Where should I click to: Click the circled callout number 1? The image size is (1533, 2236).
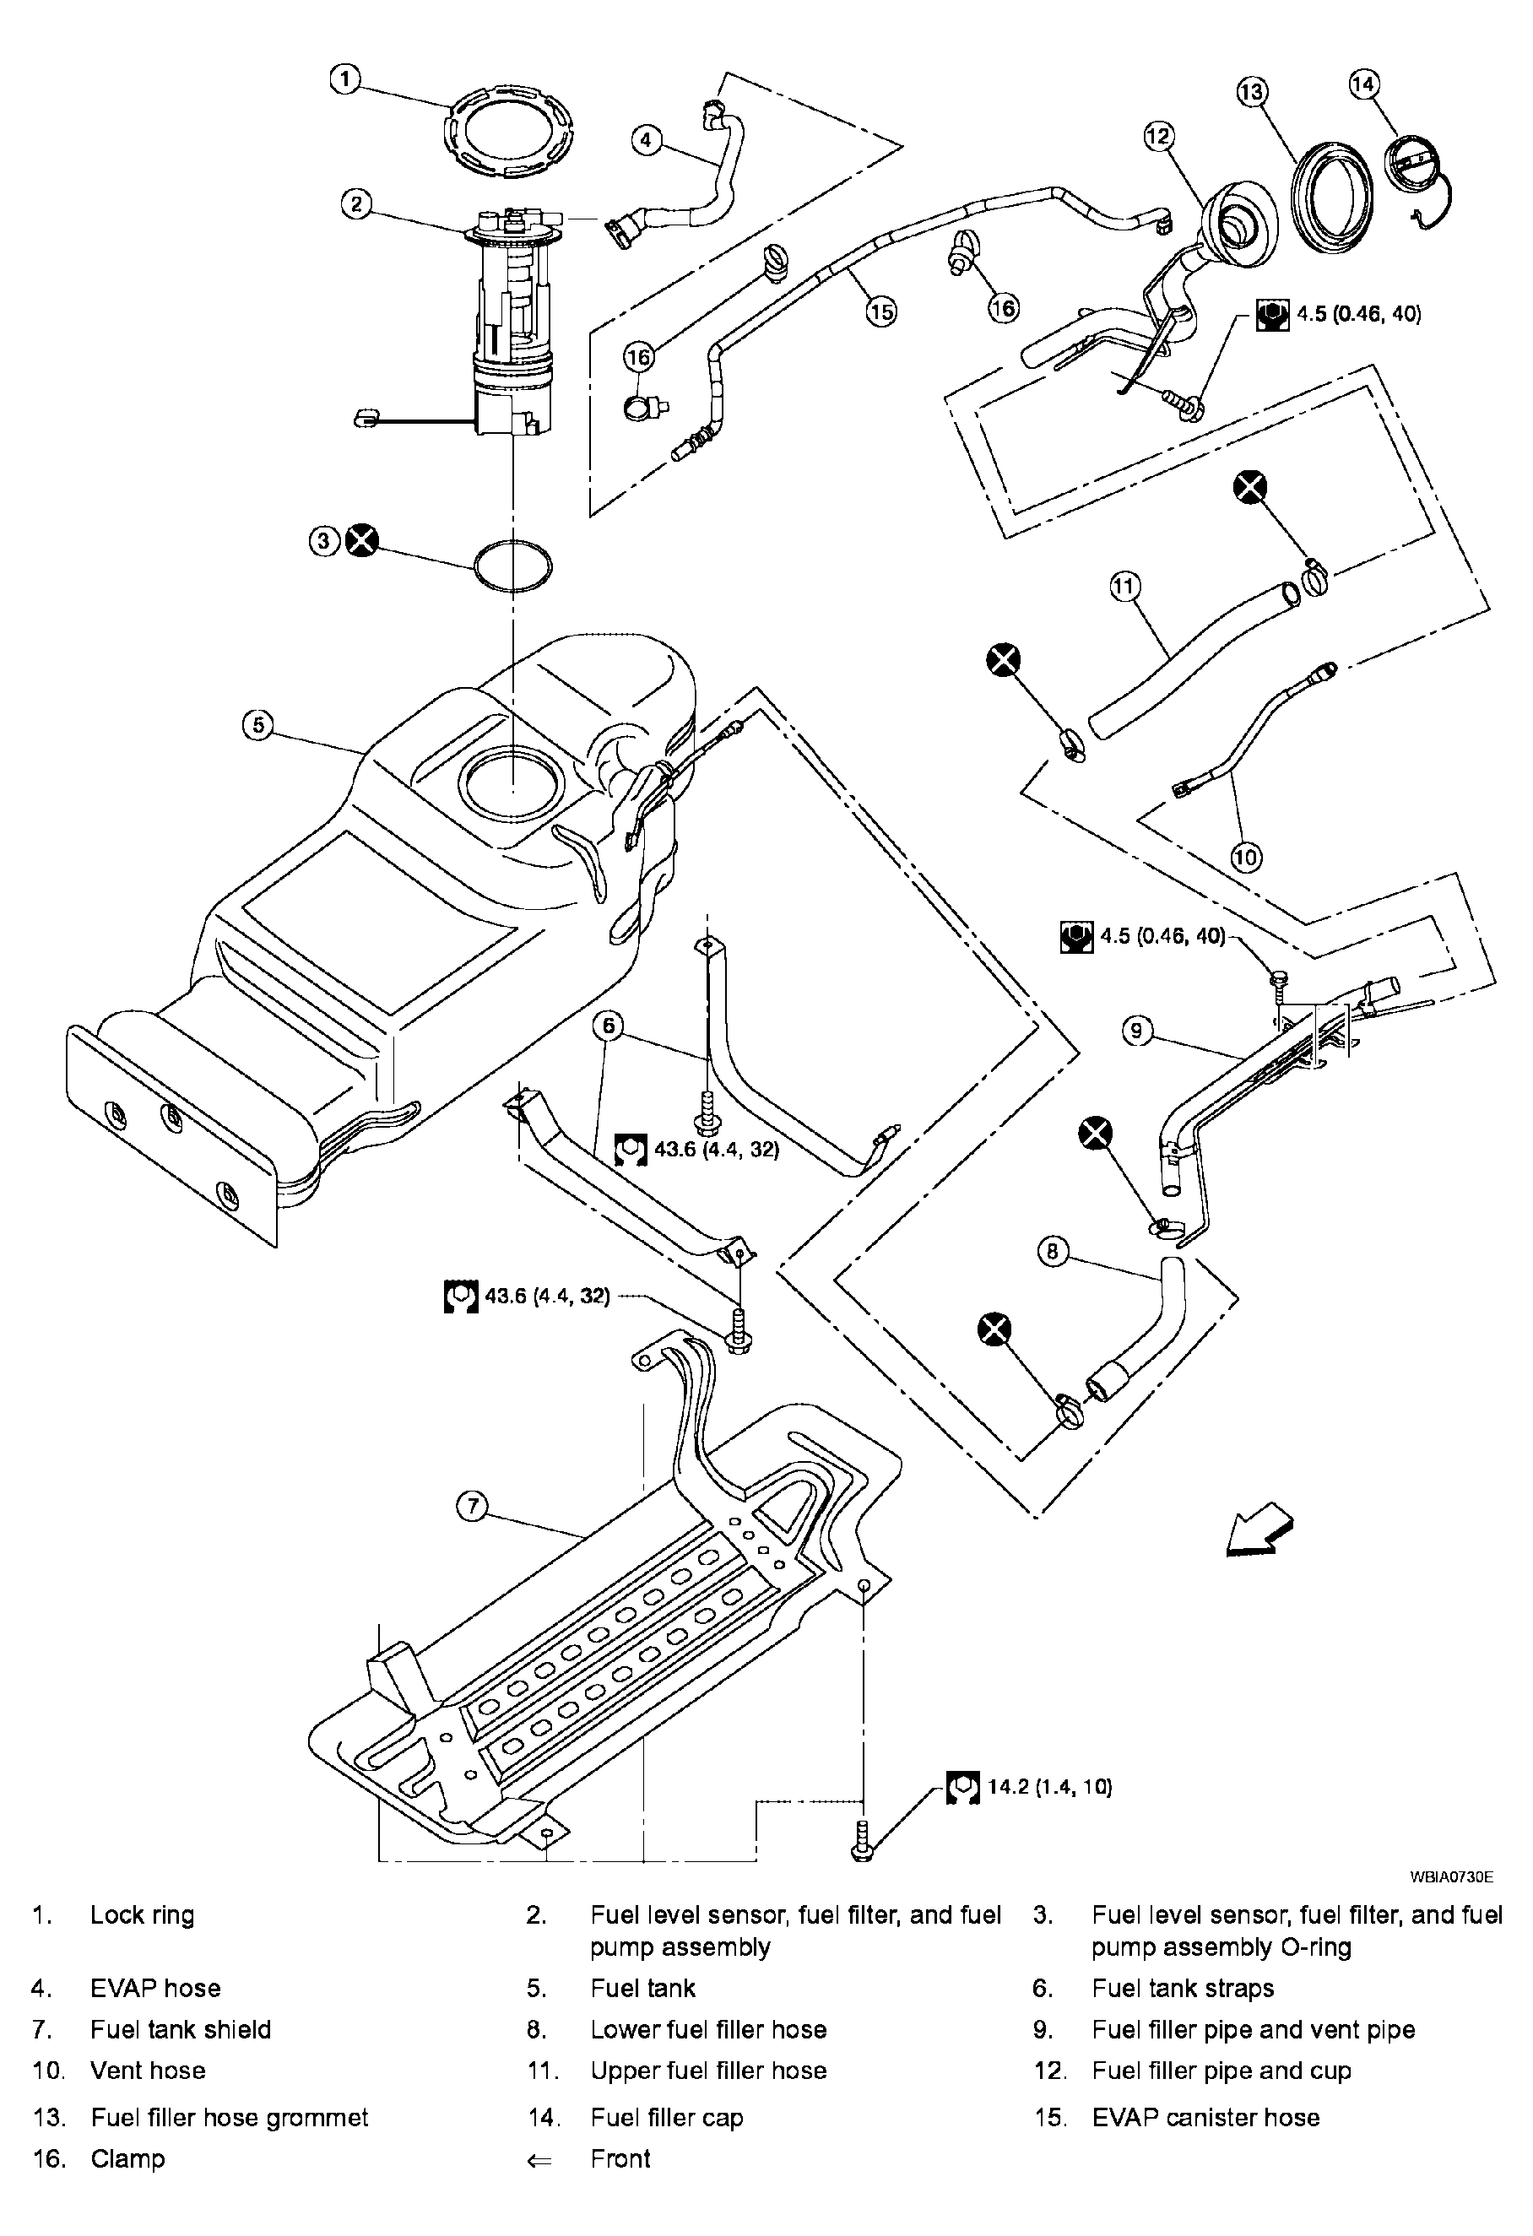tap(344, 79)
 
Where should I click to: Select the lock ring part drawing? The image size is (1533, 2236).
tap(509, 129)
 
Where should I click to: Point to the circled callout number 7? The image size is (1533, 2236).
tap(472, 1507)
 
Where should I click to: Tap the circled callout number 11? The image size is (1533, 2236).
tap(1125, 586)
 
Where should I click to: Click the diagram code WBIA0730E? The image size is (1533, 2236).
tap(1451, 1876)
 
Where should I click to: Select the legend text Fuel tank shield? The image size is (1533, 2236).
tap(181, 2029)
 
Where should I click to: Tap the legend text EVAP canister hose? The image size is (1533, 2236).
tap(1205, 2117)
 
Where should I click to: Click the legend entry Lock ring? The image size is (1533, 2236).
tap(143, 1914)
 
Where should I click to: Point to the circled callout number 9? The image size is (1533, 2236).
tap(1136, 1031)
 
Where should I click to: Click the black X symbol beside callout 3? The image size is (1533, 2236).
tap(362, 541)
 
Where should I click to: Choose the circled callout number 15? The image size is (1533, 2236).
tap(880, 311)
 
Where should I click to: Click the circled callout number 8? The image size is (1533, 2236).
tap(1053, 1251)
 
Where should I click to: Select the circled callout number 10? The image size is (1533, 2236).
tap(1246, 856)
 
